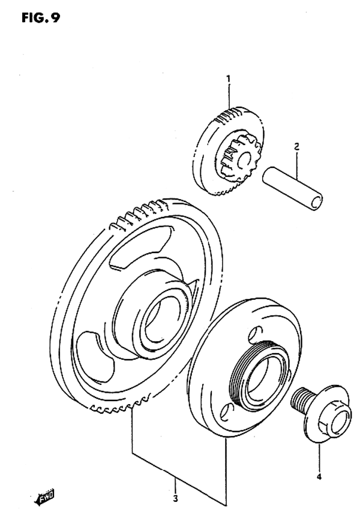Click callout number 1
point(229,78)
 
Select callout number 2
point(296,146)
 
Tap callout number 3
point(175,498)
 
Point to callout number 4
point(319,477)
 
